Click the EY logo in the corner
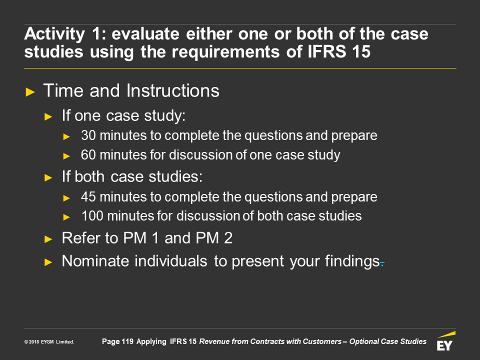(x=446, y=340)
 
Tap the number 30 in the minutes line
(x=88, y=135)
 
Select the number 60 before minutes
(x=88, y=154)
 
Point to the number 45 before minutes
(x=88, y=197)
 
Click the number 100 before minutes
(x=92, y=216)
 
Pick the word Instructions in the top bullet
(x=172, y=90)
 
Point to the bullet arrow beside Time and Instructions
(x=30, y=92)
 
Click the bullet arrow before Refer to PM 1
(x=48, y=239)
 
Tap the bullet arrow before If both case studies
(x=48, y=177)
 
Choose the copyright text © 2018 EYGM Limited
(x=49, y=342)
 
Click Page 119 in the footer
(x=117, y=341)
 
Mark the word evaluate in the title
(x=145, y=33)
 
